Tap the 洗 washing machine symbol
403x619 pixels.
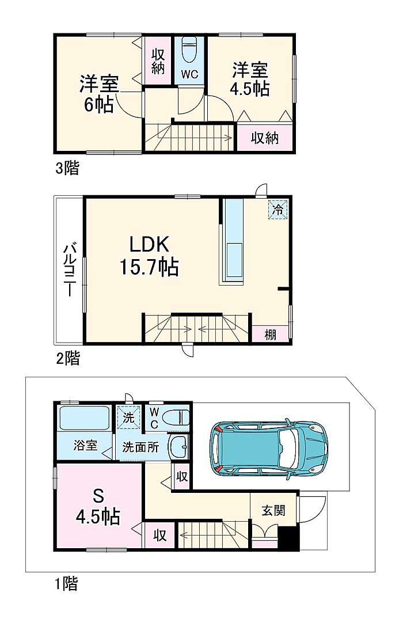129,418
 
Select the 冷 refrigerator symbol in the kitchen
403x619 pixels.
278,210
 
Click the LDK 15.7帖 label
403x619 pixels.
149,256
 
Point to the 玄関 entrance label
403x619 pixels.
273,510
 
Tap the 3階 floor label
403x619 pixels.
67,168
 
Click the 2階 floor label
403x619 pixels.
68,358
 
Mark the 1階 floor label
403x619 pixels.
67,583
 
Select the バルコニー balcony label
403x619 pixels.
70,269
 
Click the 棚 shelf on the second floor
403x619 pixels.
271,335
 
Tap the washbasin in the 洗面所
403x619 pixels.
179,446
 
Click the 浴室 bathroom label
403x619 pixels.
85,446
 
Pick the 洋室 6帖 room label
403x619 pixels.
99,94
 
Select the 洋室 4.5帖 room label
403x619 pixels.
250,79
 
